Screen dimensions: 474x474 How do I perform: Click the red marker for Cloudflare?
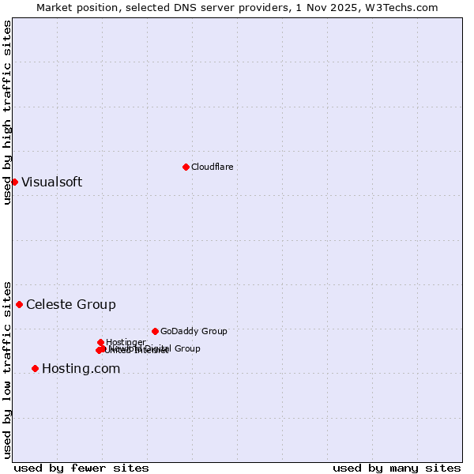pos(186,167)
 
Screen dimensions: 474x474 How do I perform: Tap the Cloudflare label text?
pos(212,167)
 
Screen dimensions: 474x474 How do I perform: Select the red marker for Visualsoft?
pos(14,182)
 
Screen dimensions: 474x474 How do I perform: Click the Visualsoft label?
pos(51,182)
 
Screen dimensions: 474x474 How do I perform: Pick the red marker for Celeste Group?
pos(19,304)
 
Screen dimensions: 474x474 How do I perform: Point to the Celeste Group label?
pos(70,304)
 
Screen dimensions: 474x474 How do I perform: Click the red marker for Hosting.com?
pos(35,368)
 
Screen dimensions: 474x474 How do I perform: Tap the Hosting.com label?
pos(81,368)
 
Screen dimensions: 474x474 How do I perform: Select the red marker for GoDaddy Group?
pos(155,331)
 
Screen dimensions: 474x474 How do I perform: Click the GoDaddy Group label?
pos(194,331)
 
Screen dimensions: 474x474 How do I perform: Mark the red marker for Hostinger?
pos(100,342)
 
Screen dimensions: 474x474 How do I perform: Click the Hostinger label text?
pos(126,342)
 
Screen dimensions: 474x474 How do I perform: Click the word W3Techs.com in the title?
pos(405,7)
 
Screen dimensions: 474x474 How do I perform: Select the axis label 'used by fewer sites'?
pos(81,468)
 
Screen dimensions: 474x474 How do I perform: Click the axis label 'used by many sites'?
pos(397,468)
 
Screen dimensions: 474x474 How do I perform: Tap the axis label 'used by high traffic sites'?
pos(7,113)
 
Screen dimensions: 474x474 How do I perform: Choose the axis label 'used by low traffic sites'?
pos(7,369)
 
